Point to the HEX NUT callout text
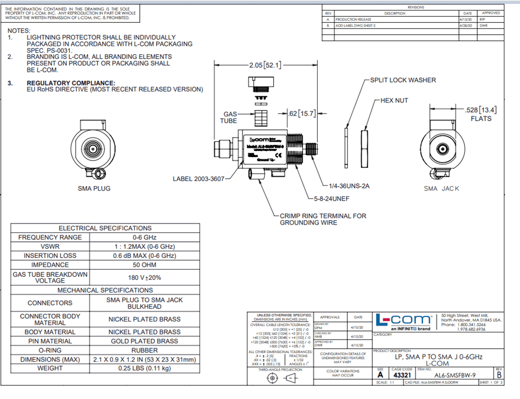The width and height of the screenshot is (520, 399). click(x=393, y=100)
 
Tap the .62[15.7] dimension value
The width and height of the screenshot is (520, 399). click(x=302, y=114)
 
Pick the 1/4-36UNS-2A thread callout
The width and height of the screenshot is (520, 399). click(x=349, y=186)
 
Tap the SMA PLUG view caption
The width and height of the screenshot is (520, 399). click(x=94, y=188)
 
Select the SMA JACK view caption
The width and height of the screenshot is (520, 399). click(x=441, y=188)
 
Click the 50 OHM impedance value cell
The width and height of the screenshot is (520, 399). click(x=144, y=265)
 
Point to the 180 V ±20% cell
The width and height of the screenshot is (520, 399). click(x=144, y=278)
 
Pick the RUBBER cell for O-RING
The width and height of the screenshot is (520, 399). click(x=144, y=351)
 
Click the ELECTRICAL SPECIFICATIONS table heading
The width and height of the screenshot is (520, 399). click(x=105, y=228)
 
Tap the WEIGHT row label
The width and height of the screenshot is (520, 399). click(x=50, y=368)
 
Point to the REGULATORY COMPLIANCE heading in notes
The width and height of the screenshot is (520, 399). click(x=71, y=82)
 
